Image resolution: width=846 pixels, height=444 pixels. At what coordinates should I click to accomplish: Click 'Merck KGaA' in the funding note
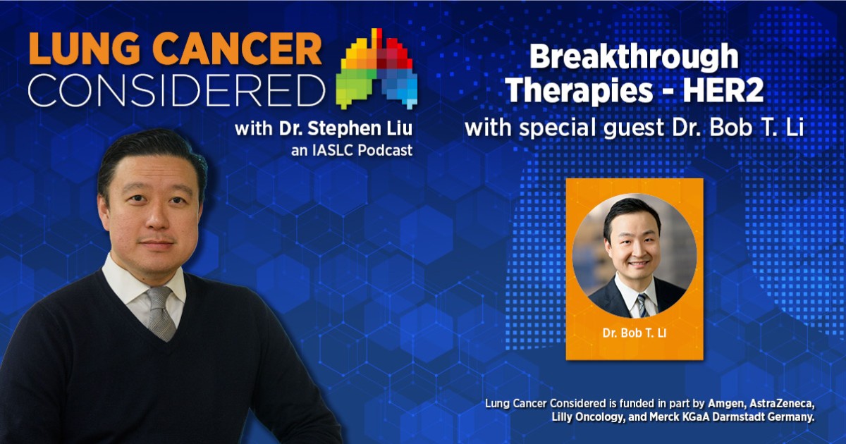pos(707,418)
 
